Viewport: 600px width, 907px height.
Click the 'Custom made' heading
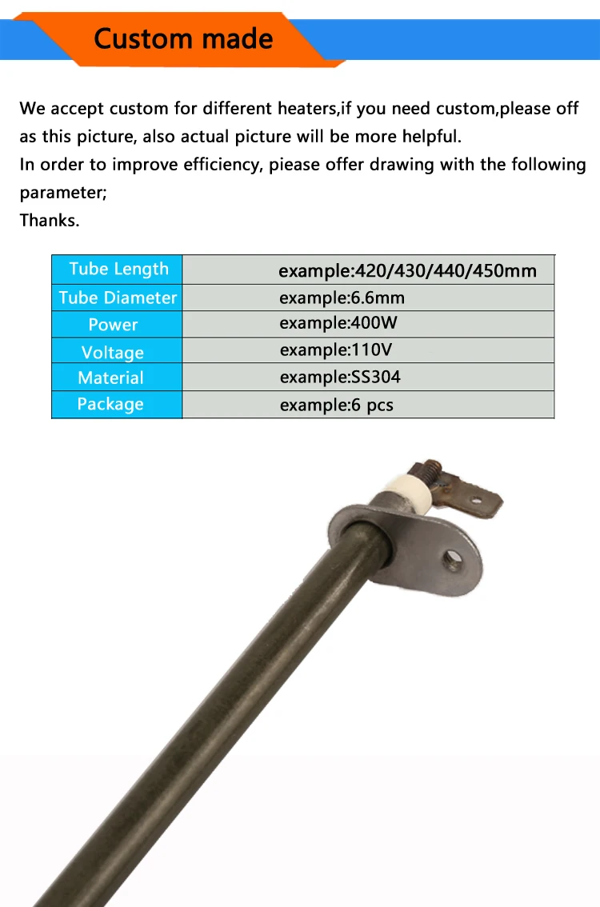click(183, 38)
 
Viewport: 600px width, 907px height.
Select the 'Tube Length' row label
click(118, 270)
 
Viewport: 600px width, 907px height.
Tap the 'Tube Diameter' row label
click(118, 298)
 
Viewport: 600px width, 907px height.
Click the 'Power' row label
click(113, 325)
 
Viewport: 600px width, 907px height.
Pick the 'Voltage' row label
click(113, 352)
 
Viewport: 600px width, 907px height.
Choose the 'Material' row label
click(111, 378)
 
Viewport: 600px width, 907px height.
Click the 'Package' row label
click(110, 404)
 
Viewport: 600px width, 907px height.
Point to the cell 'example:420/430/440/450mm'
click(407, 271)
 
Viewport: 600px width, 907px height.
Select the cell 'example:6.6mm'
click(342, 298)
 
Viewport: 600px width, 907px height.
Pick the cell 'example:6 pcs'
click(337, 405)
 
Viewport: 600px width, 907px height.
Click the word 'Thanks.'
click(50, 221)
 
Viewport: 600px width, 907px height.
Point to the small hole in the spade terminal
click(476, 501)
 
